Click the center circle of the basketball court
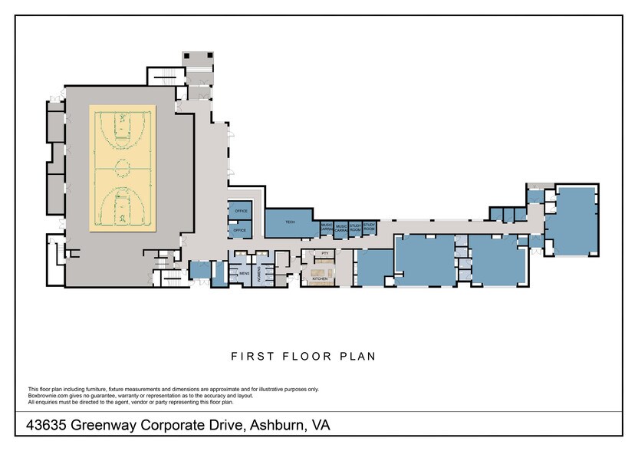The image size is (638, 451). [123, 166]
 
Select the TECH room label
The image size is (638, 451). [290, 222]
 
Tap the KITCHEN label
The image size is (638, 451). [320, 279]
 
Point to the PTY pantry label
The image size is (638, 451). [325, 253]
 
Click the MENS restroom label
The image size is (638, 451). [244, 272]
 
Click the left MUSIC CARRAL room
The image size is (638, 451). [327, 228]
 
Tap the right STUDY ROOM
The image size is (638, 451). [369, 228]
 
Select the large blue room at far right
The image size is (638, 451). [572, 222]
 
